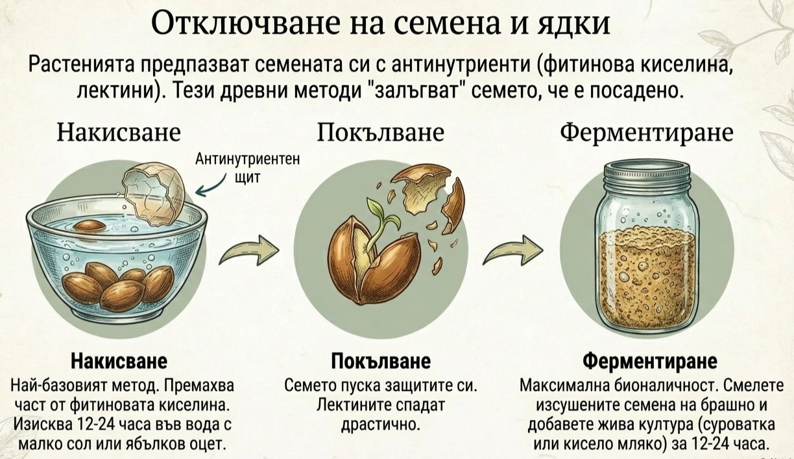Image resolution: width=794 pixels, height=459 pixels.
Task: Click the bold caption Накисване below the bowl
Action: pyautogui.click(x=119, y=360)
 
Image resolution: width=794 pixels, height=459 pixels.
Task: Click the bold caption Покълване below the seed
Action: pyautogui.click(x=381, y=360)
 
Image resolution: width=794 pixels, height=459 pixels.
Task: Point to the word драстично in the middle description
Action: pyautogui.click(x=381, y=425)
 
